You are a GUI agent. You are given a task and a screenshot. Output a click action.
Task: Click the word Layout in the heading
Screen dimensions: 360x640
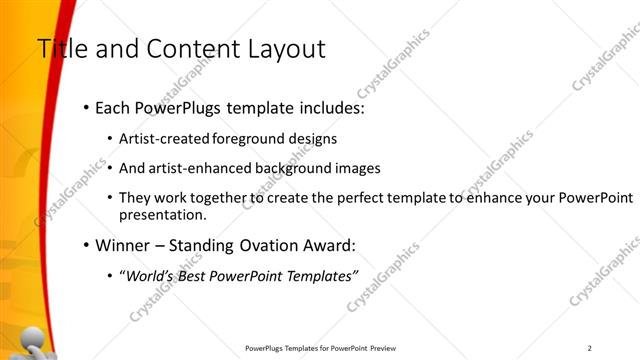click(281, 48)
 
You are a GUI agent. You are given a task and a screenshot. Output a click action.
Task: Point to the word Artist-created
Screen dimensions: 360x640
click(163, 139)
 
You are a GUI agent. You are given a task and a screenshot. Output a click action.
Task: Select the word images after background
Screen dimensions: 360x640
click(358, 169)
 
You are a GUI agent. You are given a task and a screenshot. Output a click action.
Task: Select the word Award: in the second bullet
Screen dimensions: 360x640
click(328, 245)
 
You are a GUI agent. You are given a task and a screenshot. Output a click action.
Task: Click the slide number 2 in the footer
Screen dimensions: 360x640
click(590, 348)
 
